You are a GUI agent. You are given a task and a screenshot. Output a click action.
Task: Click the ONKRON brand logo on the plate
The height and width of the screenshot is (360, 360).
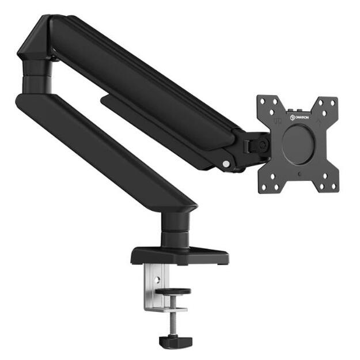coord(301,119)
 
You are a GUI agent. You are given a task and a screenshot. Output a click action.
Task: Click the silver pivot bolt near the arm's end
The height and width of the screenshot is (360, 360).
coord(226,165)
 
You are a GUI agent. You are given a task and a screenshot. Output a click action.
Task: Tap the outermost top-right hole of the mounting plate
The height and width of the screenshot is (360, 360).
coord(332,102)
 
